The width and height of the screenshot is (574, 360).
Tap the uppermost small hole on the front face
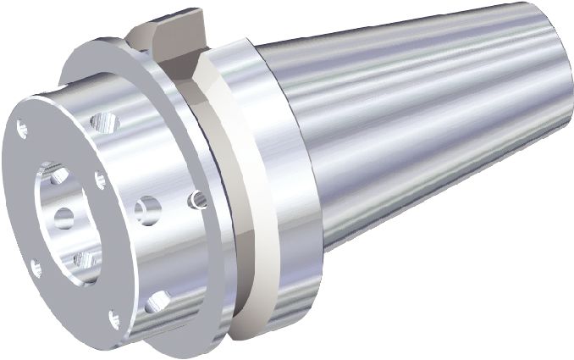pyautogui.click(x=23, y=128)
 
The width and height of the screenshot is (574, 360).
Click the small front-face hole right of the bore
pyautogui.click(x=100, y=179)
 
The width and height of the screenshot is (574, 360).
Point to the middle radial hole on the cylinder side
pyautogui.click(x=147, y=208)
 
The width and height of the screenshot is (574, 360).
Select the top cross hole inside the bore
pyautogui.click(x=58, y=176)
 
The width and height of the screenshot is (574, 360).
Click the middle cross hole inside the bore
pyautogui.click(x=64, y=218)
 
